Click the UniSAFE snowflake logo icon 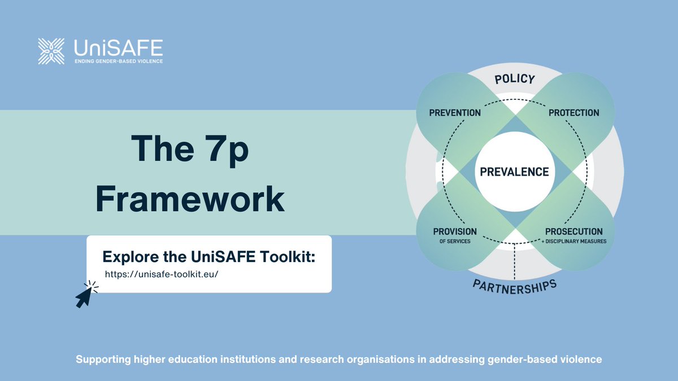(51, 51)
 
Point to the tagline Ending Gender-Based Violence (119, 60)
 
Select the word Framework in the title (189, 199)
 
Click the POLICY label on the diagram (514, 79)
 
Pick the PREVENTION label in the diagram (454, 112)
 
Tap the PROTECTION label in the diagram (573, 112)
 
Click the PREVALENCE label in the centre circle (514, 172)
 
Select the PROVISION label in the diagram (455, 231)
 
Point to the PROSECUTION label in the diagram (573, 231)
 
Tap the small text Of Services (455, 242)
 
